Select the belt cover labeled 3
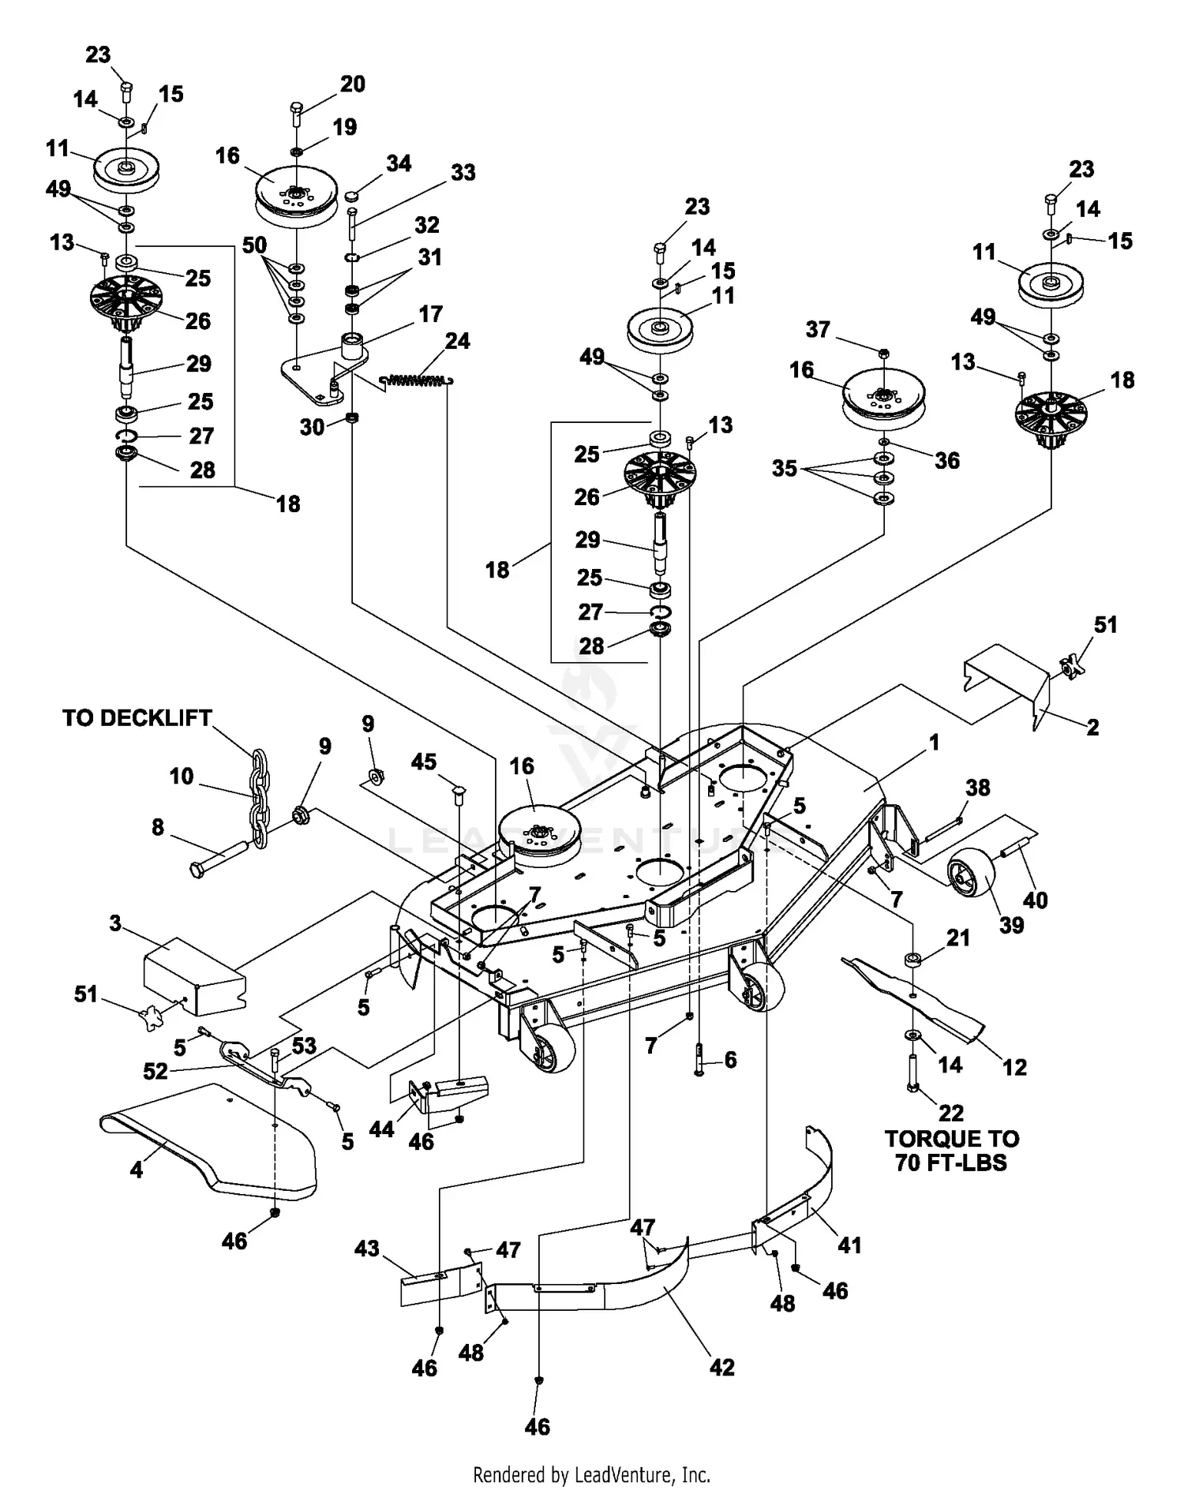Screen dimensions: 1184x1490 pyautogui.click(x=194, y=976)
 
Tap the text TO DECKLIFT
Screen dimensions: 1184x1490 pyautogui.click(x=137, y=718)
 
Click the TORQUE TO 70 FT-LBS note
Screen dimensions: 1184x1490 pyautogui.click(x=951, y=1150)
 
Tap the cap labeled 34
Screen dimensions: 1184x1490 pyautogui.click(x=353, y=195)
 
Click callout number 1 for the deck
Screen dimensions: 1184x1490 pyautogui.click(x=935, y=742)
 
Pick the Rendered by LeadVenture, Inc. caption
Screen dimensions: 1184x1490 pyautogui.click(x=591, y=1474)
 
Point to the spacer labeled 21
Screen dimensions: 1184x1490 pyautogui.click(x=912, y=960)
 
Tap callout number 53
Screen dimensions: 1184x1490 pyautogui.click(x=304, y=1046)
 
